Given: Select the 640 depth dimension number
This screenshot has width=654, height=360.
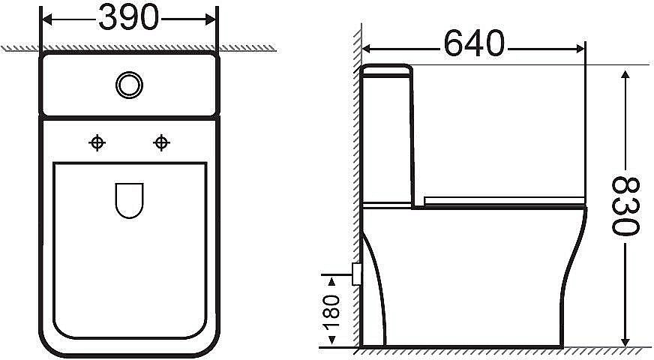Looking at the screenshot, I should click(474, 44).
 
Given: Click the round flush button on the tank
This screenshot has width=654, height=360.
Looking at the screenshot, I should click(129, 84).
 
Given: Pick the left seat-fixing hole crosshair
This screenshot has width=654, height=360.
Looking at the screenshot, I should click(97, 142).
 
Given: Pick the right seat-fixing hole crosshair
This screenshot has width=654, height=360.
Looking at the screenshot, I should click(160, 142).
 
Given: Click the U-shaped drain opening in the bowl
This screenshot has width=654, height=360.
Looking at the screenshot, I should click(129, 200).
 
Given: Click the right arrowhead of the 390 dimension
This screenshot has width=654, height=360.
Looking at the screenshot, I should click(213, 19).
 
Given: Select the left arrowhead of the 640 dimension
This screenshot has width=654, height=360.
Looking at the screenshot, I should click(368, 47).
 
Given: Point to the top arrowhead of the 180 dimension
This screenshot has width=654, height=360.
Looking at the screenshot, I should click(331, 279).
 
